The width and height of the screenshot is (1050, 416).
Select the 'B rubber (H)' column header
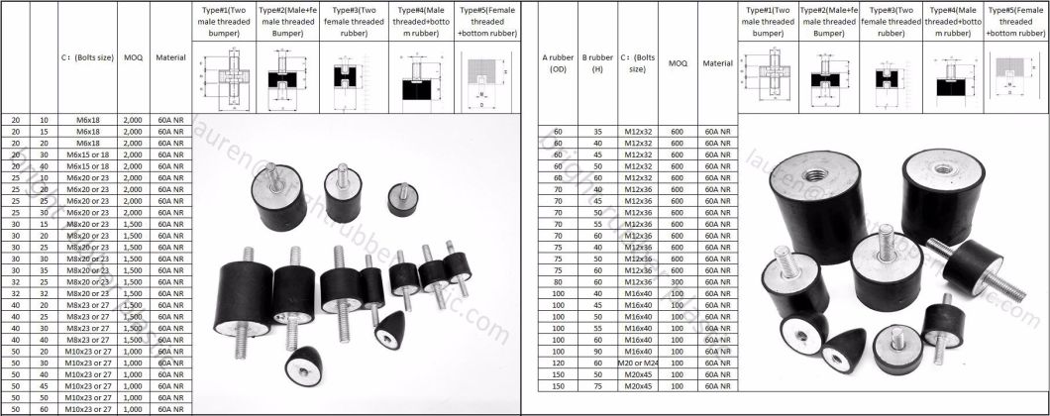tap(597, 64)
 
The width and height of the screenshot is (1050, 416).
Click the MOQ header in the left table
tap(132, 57)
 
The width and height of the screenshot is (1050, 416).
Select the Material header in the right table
tap(717, 62)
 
